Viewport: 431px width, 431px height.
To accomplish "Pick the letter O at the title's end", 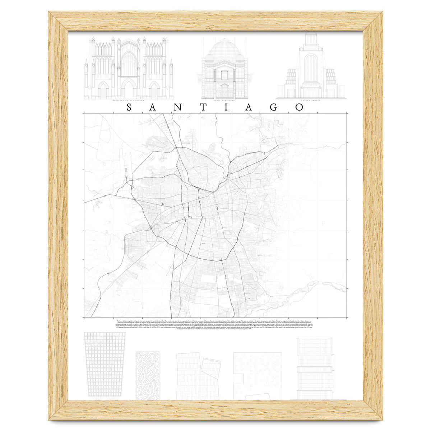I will (x=298, y=107).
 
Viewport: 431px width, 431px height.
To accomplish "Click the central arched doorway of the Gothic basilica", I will (x=129, y=90).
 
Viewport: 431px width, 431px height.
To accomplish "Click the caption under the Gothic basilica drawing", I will (x=129, y=101).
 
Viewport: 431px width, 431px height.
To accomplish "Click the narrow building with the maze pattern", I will (x=148, y=375).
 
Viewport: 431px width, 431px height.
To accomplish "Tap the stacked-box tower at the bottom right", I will (x=315, y=368).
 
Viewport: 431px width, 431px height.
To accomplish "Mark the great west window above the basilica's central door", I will (x=129, y=61).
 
